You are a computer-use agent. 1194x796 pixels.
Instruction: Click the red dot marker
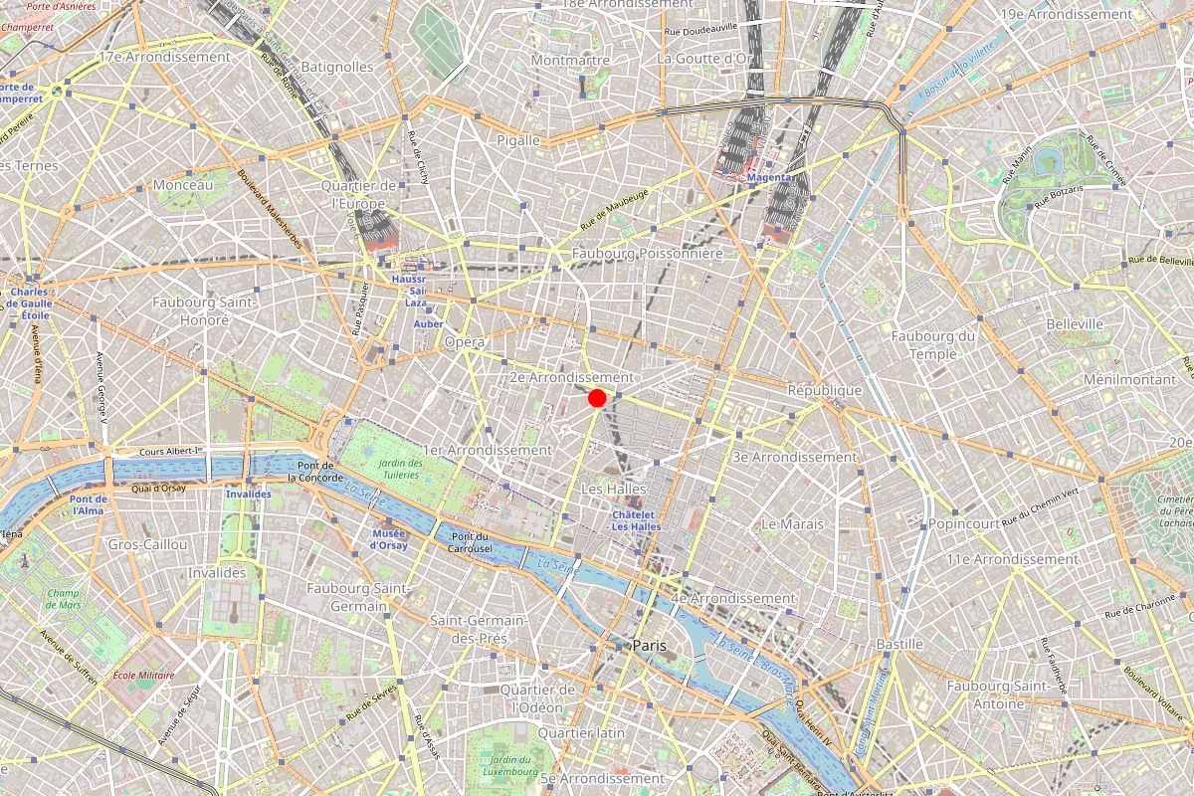598,398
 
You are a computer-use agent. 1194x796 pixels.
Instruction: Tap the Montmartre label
570,60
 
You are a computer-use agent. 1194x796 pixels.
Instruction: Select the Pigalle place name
518,140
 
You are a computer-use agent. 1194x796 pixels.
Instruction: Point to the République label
824,390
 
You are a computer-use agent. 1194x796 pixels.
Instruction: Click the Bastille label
899,645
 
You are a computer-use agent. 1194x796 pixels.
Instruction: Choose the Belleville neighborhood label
1075,324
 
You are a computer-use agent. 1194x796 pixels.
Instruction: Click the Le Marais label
792,523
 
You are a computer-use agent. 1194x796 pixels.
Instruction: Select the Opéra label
465,342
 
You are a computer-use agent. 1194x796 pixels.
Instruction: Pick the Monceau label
183,185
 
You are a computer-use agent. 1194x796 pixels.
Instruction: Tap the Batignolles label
336,67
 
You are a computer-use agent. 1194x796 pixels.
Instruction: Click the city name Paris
649,646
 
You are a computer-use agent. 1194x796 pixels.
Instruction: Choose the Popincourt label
964,523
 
